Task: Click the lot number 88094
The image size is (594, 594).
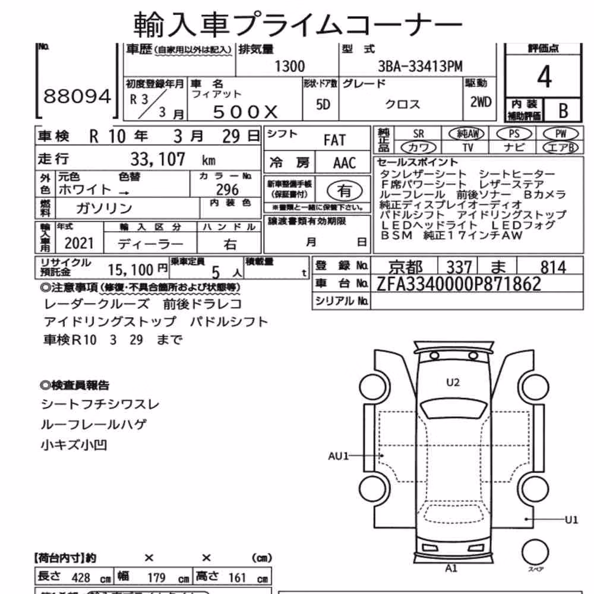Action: click(x=77, y=96)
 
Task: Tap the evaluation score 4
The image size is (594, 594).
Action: click(x=544, y=77)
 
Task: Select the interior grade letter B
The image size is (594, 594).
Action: click(x=563, y=110)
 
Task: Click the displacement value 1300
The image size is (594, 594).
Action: click(x=289, y=67)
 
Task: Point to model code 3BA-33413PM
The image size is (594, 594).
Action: click(x=420, y=67)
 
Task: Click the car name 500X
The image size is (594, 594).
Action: click(x=245, y=112)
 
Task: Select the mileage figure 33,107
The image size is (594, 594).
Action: click(x=157, y=159)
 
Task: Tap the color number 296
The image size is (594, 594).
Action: click(x=228, y=189)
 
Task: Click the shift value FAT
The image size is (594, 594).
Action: click(x=334, y=140)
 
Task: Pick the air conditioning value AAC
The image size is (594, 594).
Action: click(x=345, y=163)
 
